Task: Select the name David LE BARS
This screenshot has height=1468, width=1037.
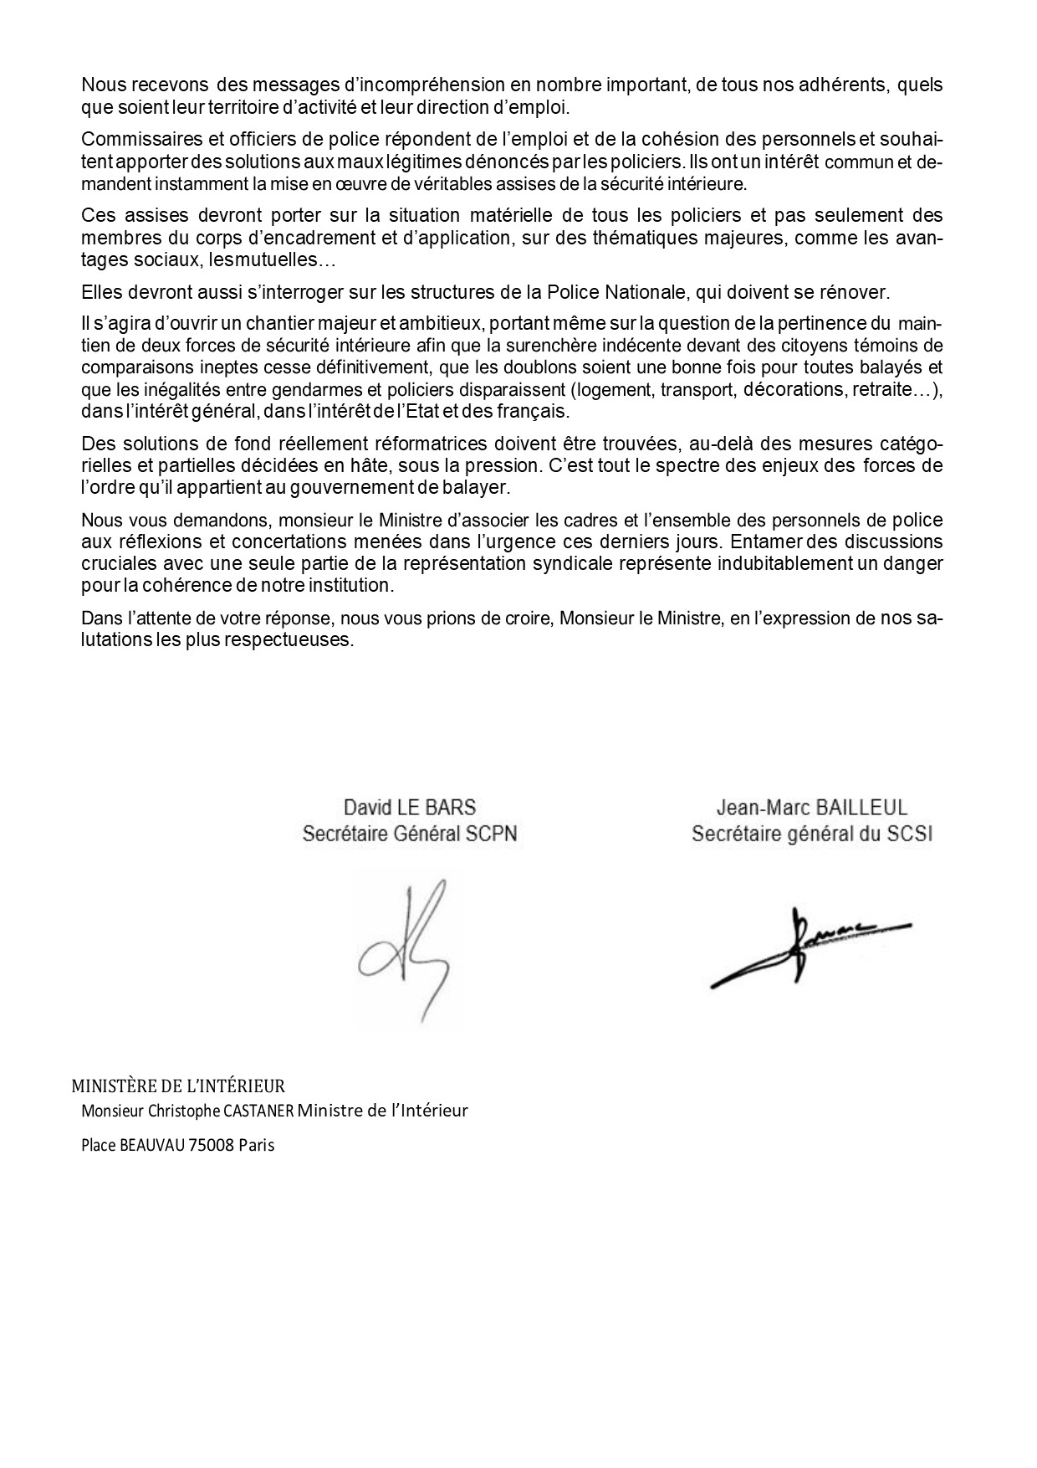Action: coord(410,808)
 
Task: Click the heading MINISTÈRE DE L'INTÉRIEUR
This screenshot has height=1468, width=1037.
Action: coord(178,1086)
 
